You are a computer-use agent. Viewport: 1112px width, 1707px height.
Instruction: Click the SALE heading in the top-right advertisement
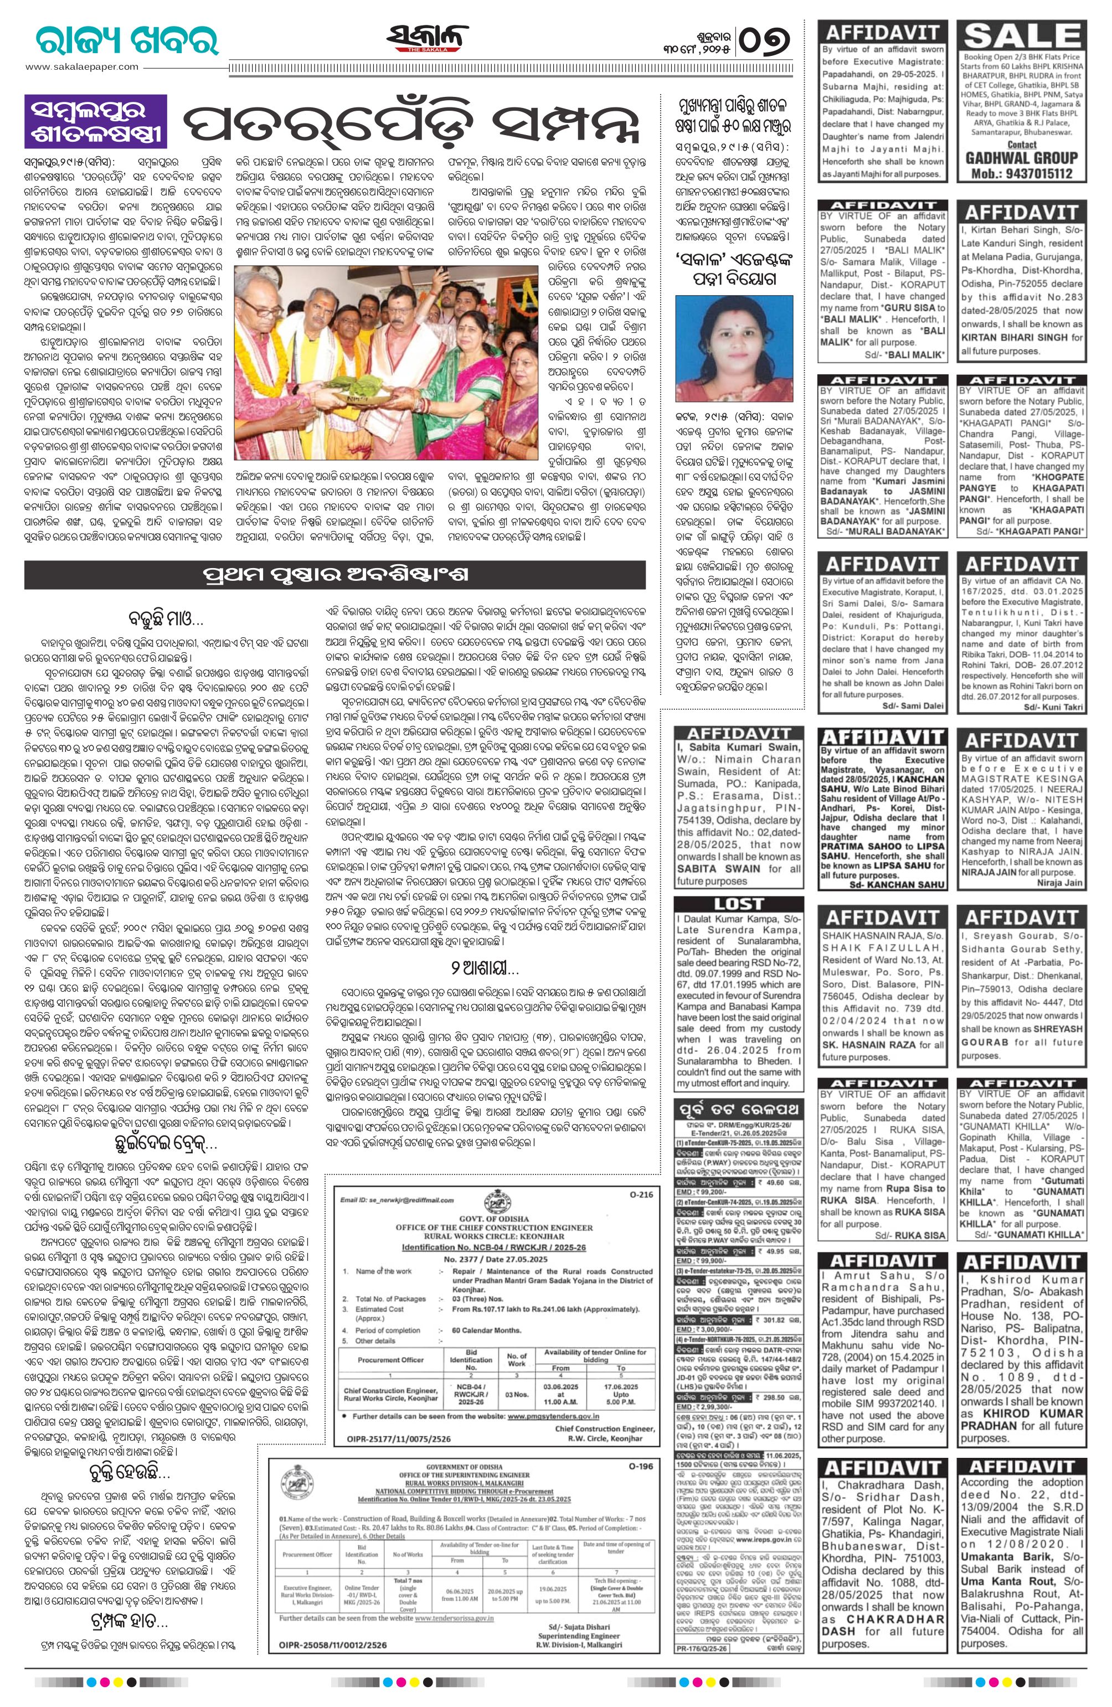(1022, 37)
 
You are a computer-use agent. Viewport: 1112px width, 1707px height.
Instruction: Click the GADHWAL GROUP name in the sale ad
(1022, 158)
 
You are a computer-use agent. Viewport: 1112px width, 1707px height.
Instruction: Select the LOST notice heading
(739, 904)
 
